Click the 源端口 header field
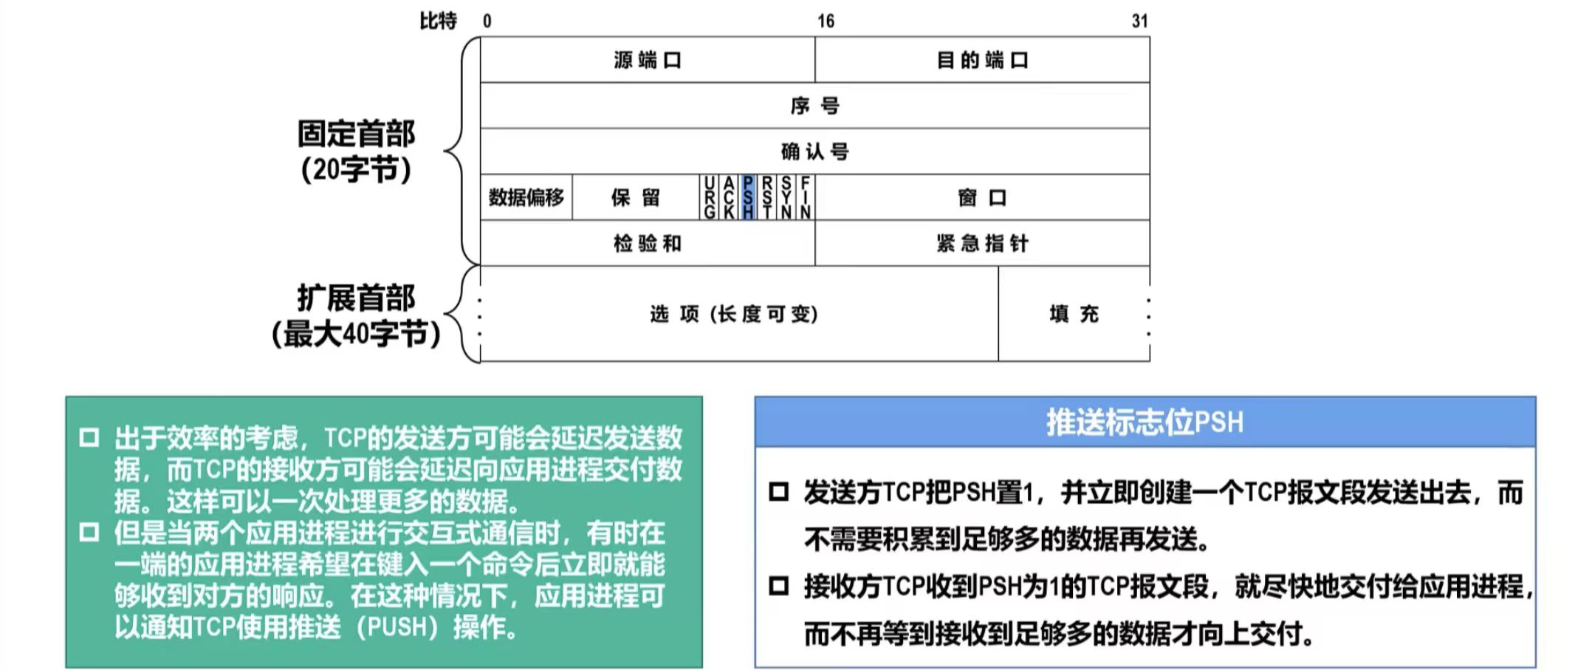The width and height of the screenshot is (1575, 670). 647,60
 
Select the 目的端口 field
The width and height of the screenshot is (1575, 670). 982,60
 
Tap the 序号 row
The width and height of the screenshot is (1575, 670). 814,106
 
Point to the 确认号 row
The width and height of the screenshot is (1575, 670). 814,151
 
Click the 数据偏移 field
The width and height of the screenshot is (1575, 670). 526,197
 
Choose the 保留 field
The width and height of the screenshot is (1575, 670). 635,197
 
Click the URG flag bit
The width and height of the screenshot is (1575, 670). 709,197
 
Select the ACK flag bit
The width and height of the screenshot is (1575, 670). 729,197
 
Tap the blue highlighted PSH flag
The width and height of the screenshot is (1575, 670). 748,197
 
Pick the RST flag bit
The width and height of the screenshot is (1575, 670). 767,197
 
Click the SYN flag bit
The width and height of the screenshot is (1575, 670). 786,197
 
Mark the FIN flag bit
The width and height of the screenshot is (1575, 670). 806,197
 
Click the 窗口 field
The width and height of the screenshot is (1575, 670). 982,197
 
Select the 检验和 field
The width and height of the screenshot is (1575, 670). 647,243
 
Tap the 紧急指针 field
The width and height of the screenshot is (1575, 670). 982,243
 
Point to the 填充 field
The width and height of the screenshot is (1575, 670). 1074,314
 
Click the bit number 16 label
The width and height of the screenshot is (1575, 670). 826,21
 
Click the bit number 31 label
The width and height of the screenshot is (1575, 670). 1139,21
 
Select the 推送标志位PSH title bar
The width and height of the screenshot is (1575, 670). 1145,423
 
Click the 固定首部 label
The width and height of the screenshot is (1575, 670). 356,134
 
